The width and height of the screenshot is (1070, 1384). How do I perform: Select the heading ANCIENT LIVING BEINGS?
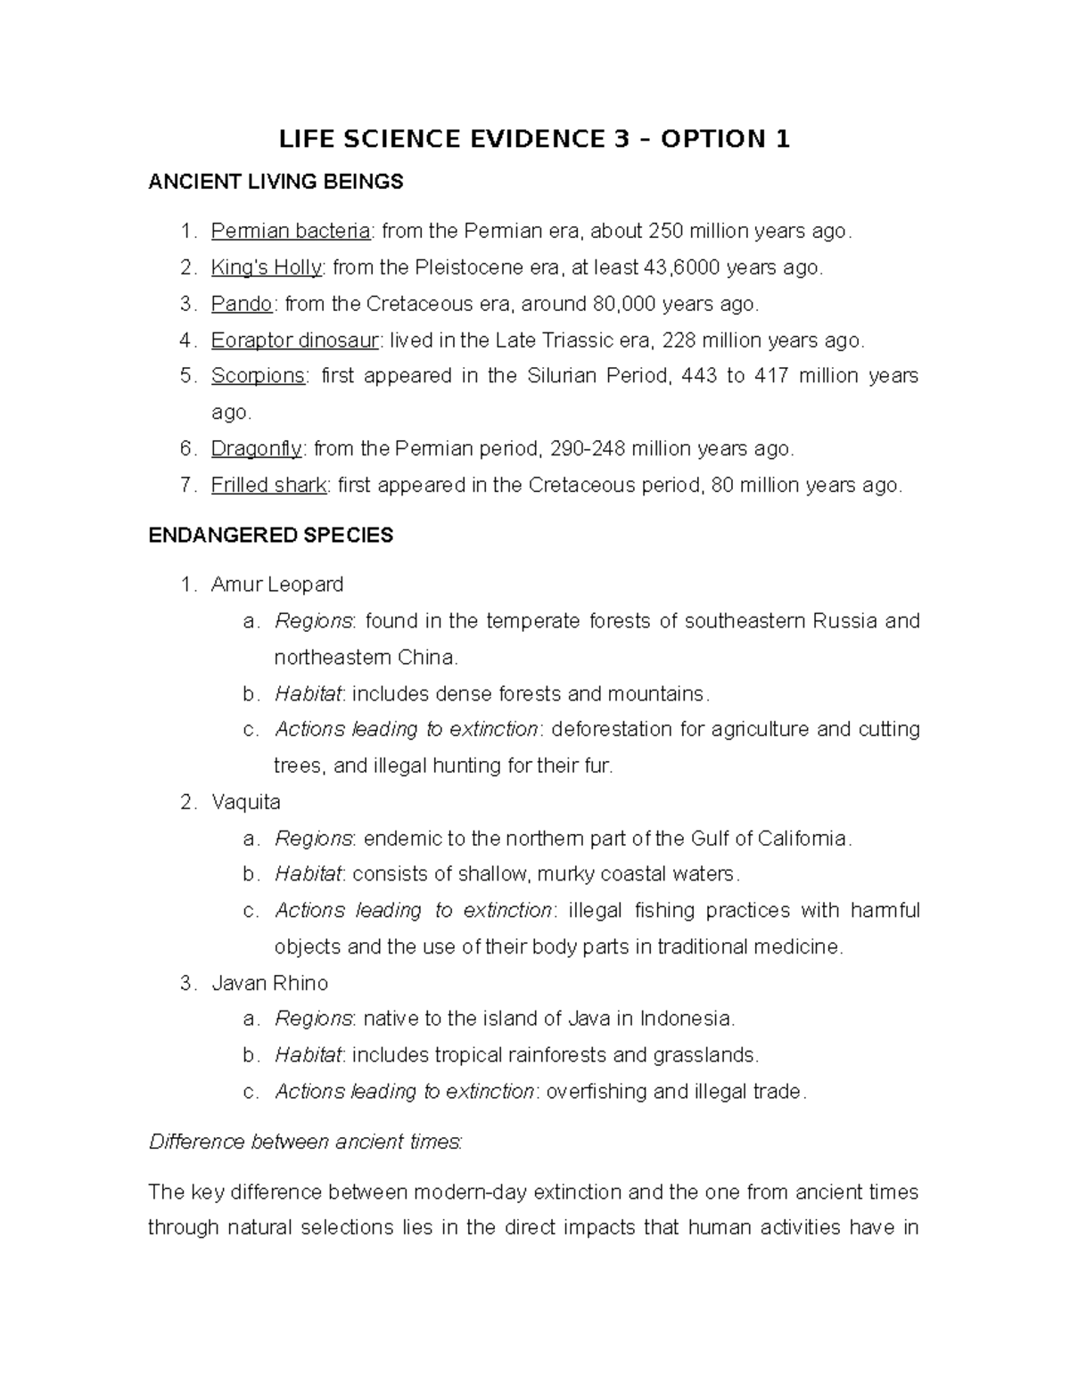(276, 183)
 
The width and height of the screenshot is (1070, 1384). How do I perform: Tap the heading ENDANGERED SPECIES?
(270, 536)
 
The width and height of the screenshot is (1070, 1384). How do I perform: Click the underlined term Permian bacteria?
(291, 232)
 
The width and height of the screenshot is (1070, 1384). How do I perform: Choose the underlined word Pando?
(242, 304)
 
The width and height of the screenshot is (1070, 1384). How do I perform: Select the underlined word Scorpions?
(258, 376)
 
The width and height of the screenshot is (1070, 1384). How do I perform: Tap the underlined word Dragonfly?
(257, 449)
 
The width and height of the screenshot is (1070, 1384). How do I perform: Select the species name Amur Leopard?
(276, 585)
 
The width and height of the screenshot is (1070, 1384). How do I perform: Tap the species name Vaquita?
(245, 802)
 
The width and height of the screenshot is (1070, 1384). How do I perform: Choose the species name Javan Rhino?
(269, 983)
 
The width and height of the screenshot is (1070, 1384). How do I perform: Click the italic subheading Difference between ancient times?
(304, 1142)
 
